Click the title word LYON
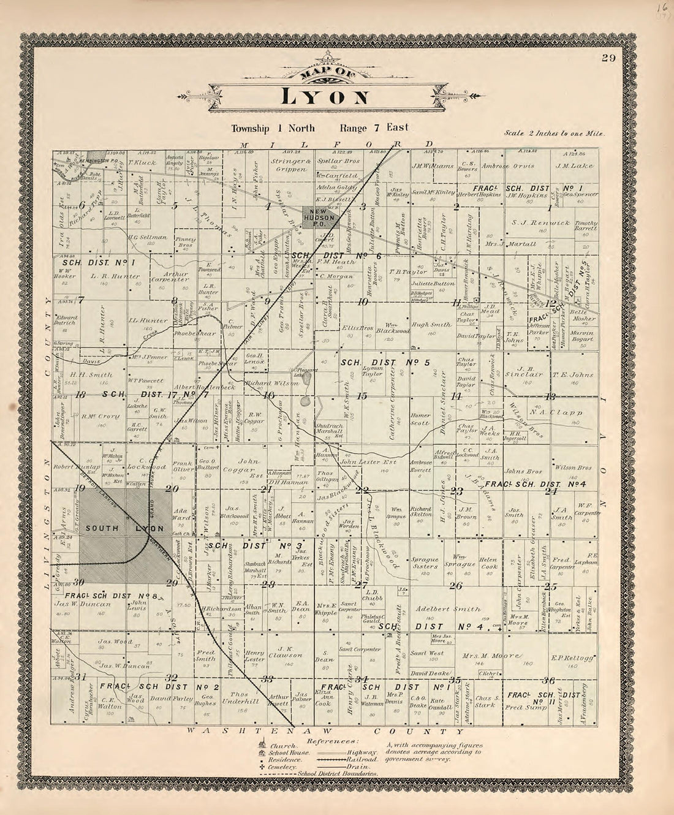pyautogui.click(x=325, y=97)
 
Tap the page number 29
pyautogui.click(x=608, y=58)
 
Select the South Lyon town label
pyautogui.click(x=125, y=528)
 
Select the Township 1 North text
pyautogui.click(x=273, y=128)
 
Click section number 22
pyautogui.click(x=362, y=490)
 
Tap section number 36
pyautogui.click(x=549, y=680)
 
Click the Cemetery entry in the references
pyautogui.click(x=282, y=767)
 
